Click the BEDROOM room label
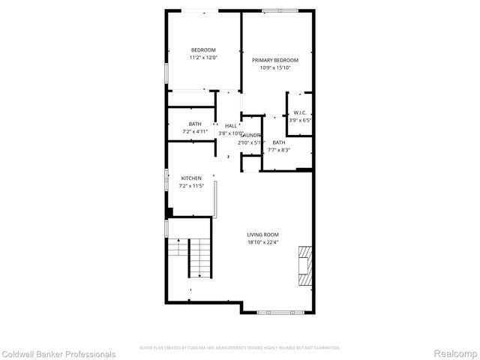pos(202,49)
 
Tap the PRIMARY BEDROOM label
pos(274,60)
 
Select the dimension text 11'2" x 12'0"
pos(202,58)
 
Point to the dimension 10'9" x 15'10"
pos(274,68)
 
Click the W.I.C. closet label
pos(300,112)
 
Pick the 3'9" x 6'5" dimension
pos(300,120)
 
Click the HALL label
pos(230,125)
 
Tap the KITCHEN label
pos(191,178)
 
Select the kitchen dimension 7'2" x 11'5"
pos(191,186)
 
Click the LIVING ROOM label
pos(263,234)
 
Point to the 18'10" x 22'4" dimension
pos(263,242)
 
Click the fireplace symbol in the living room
pos(304,265)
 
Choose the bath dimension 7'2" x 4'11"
pos(194,132)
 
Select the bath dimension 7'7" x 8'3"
pos(278,150)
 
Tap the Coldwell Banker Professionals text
pos(58,354)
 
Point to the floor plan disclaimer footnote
pos(240,348)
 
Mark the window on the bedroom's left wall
pos(166,71)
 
